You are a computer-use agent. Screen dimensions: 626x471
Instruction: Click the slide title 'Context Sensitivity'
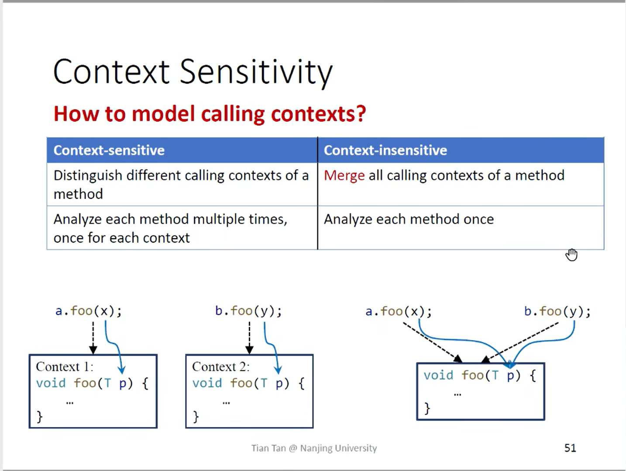point(193,72)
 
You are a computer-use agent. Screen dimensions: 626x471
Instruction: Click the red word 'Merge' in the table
point(344,176)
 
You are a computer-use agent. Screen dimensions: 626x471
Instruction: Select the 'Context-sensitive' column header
point(109,150)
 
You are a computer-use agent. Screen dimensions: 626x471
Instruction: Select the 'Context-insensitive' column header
point(385,150)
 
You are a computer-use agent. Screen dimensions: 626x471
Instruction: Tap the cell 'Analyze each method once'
point(409,219)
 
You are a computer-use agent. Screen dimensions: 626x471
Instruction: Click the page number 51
point(570,448)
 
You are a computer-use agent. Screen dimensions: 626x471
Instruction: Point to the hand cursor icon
point(571,254)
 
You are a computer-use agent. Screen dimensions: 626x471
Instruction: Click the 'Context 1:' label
point(65,367)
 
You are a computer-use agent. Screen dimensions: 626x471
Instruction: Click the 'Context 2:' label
point(221,367)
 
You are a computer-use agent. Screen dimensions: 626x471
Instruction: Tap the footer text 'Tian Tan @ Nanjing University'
point(314,448)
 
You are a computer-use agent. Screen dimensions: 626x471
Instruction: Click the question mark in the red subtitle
point(361,114)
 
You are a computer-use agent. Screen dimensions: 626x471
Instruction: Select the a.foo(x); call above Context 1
point(89,311)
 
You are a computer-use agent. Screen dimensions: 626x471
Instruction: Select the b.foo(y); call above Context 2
point(248,311)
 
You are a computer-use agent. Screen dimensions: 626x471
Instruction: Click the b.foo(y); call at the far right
point(557,311)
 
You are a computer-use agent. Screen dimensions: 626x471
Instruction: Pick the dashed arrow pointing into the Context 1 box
point(93,338)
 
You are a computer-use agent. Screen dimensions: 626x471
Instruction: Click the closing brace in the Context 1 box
point(40,416)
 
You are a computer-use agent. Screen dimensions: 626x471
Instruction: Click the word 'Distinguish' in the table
point(88,176)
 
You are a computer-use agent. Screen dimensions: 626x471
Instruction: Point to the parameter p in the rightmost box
point(510,376)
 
